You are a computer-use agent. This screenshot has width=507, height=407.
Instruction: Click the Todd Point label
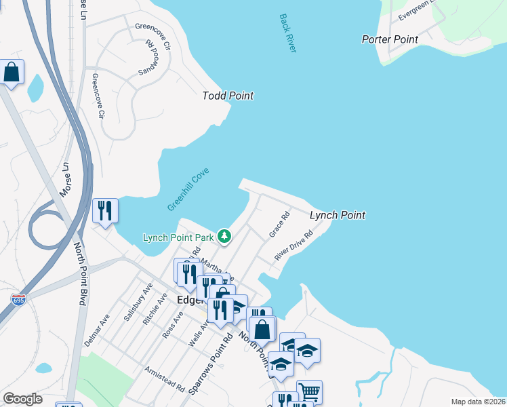tap(228, 96)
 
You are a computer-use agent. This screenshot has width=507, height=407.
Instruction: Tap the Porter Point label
tap(390, 39)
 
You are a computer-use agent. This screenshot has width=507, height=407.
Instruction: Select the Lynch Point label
tap(337, 215)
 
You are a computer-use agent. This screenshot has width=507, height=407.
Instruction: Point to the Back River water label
tap(288, 33)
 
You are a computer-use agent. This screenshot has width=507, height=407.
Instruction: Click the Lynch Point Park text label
tap(178, 237)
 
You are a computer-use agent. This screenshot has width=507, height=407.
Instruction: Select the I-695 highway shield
tap(19, 298)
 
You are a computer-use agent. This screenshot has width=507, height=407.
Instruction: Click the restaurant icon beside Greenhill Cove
tap(105, 211)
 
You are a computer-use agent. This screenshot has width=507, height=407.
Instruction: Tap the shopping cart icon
tap(308, 391)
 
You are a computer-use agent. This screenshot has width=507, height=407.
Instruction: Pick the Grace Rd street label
tap(279, 225)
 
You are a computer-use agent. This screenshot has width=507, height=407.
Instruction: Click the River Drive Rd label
tap(293, 246)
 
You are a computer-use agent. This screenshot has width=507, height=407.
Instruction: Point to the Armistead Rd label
tap(165, 381)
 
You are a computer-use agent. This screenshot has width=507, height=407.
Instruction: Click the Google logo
tap(22, 399)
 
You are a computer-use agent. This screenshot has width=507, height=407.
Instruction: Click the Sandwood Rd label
tap(148, 56)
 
